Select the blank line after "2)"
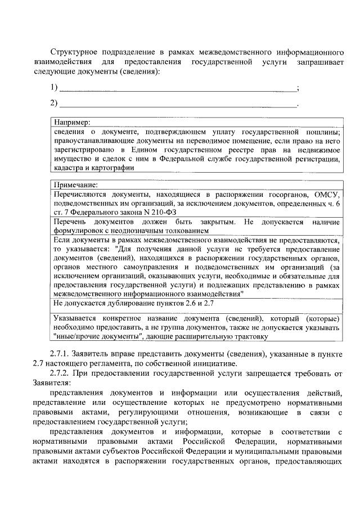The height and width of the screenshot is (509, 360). (x=178, y=104)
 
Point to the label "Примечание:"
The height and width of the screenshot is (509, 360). (x=75, y=184)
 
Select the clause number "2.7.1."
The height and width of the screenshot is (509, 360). (x=61, y=354)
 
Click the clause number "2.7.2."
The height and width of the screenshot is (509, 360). (x=61, y=373)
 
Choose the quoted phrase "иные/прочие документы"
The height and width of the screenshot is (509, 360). (x=97, y=336)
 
